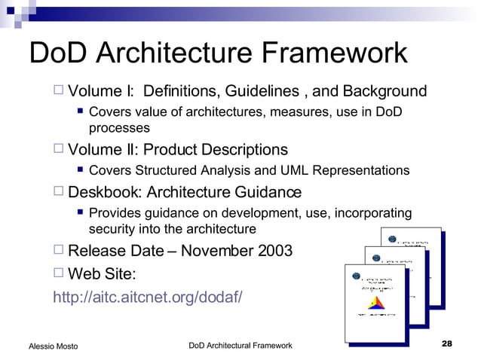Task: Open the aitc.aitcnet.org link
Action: pos(147,297)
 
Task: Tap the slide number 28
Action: pos(446,344)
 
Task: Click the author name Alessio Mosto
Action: pos(53,346)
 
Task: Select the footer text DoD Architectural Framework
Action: pos(240,345)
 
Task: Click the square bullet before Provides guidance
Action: pos(80,214)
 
